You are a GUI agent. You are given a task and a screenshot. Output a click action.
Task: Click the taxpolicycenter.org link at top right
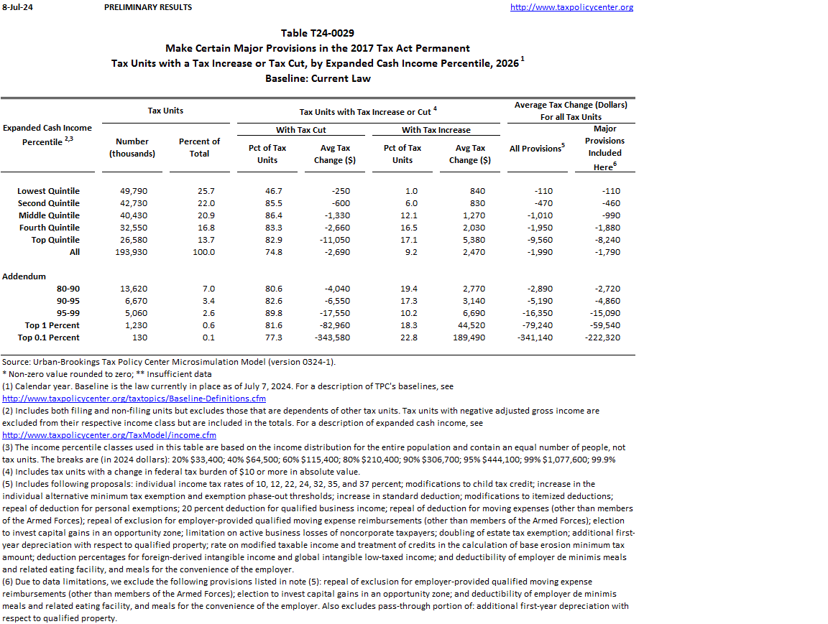[571, 7]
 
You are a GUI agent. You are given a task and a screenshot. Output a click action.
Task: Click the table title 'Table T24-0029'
[317, 33]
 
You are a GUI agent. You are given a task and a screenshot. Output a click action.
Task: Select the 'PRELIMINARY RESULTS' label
[148, 7]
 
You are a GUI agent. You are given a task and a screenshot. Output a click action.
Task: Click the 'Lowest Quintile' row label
[48, 191]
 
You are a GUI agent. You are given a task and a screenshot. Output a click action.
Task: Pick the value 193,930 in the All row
[132, 252]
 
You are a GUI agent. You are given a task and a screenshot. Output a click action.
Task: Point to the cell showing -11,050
[334, 240]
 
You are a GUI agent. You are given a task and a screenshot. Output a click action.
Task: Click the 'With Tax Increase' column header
[436, 130]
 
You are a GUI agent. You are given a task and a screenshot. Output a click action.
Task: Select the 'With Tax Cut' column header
[301, 130]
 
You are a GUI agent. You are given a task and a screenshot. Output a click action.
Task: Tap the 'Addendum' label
[24, 276]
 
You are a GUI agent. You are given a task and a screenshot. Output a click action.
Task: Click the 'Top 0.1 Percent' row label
[48, 337]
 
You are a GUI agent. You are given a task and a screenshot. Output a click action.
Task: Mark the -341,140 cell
[535, 337]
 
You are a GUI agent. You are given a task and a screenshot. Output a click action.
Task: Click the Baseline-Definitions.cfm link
[134, 399]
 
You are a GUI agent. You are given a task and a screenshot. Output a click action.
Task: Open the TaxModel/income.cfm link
[109, 435]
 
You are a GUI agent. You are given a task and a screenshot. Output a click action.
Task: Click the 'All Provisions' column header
[536, 149]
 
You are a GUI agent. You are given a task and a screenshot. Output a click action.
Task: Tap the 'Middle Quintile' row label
[48, 215]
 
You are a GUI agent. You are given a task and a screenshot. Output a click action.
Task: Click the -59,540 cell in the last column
[604, 325]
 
